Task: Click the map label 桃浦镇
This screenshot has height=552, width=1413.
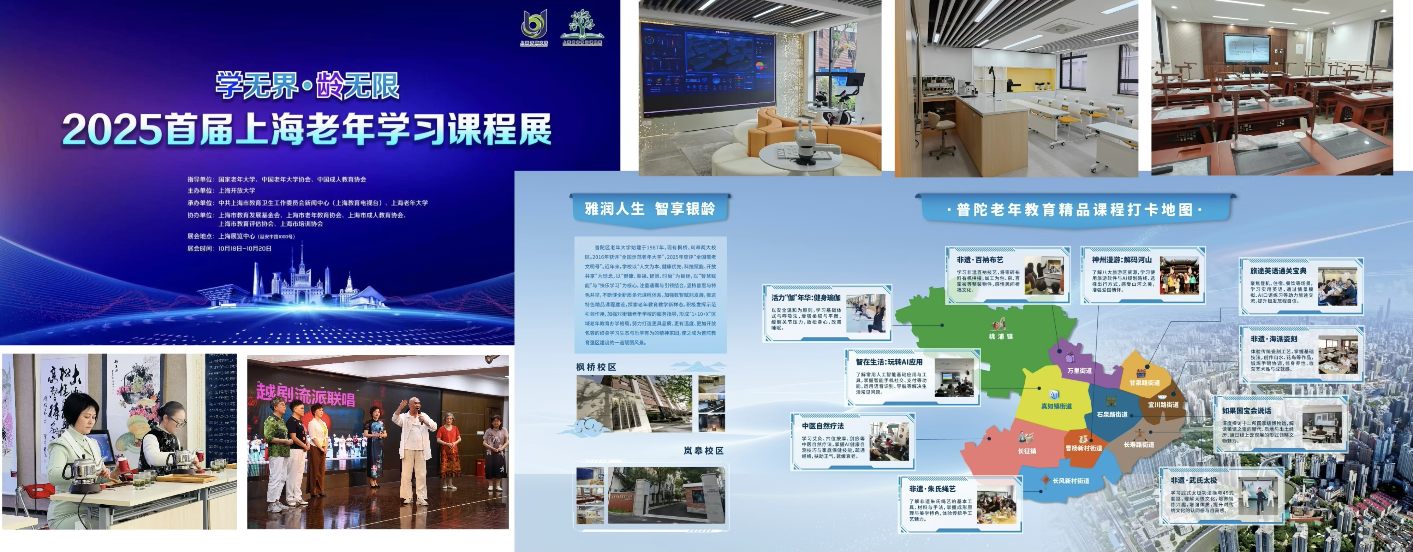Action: point(1001,336)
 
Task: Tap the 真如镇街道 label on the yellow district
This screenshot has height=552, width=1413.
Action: point(1056,406)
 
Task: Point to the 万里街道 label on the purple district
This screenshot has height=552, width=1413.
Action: point(1079,370)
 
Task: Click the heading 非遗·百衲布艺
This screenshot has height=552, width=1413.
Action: point(980,260)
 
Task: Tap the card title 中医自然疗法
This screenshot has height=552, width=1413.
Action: point(823,426)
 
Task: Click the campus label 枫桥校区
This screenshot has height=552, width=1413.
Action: point(596,367)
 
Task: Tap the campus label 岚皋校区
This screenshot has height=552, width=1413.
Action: point(703,451)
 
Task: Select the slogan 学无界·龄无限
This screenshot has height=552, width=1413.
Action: point(307,86)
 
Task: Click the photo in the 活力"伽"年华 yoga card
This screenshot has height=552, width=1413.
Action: point(866,313)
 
